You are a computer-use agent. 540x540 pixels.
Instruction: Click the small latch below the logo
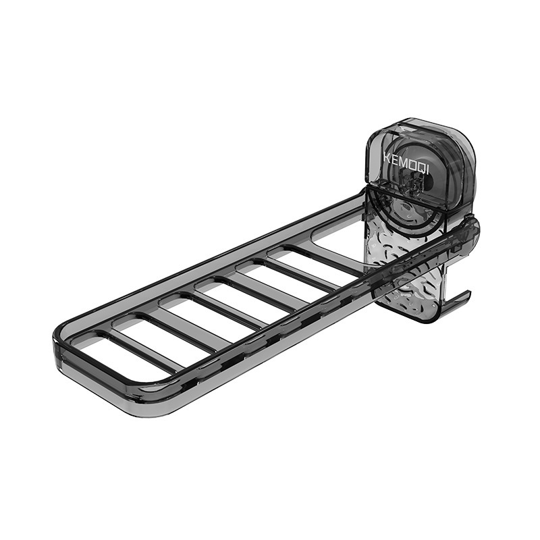(x=410, y=184)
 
